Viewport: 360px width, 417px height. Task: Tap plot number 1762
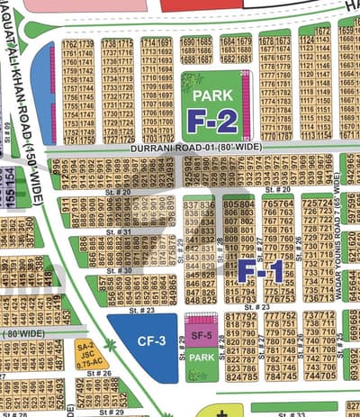pos(69,44)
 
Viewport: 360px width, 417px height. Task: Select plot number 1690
pos(188,41)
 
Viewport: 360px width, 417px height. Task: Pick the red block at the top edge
pos(197,5)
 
